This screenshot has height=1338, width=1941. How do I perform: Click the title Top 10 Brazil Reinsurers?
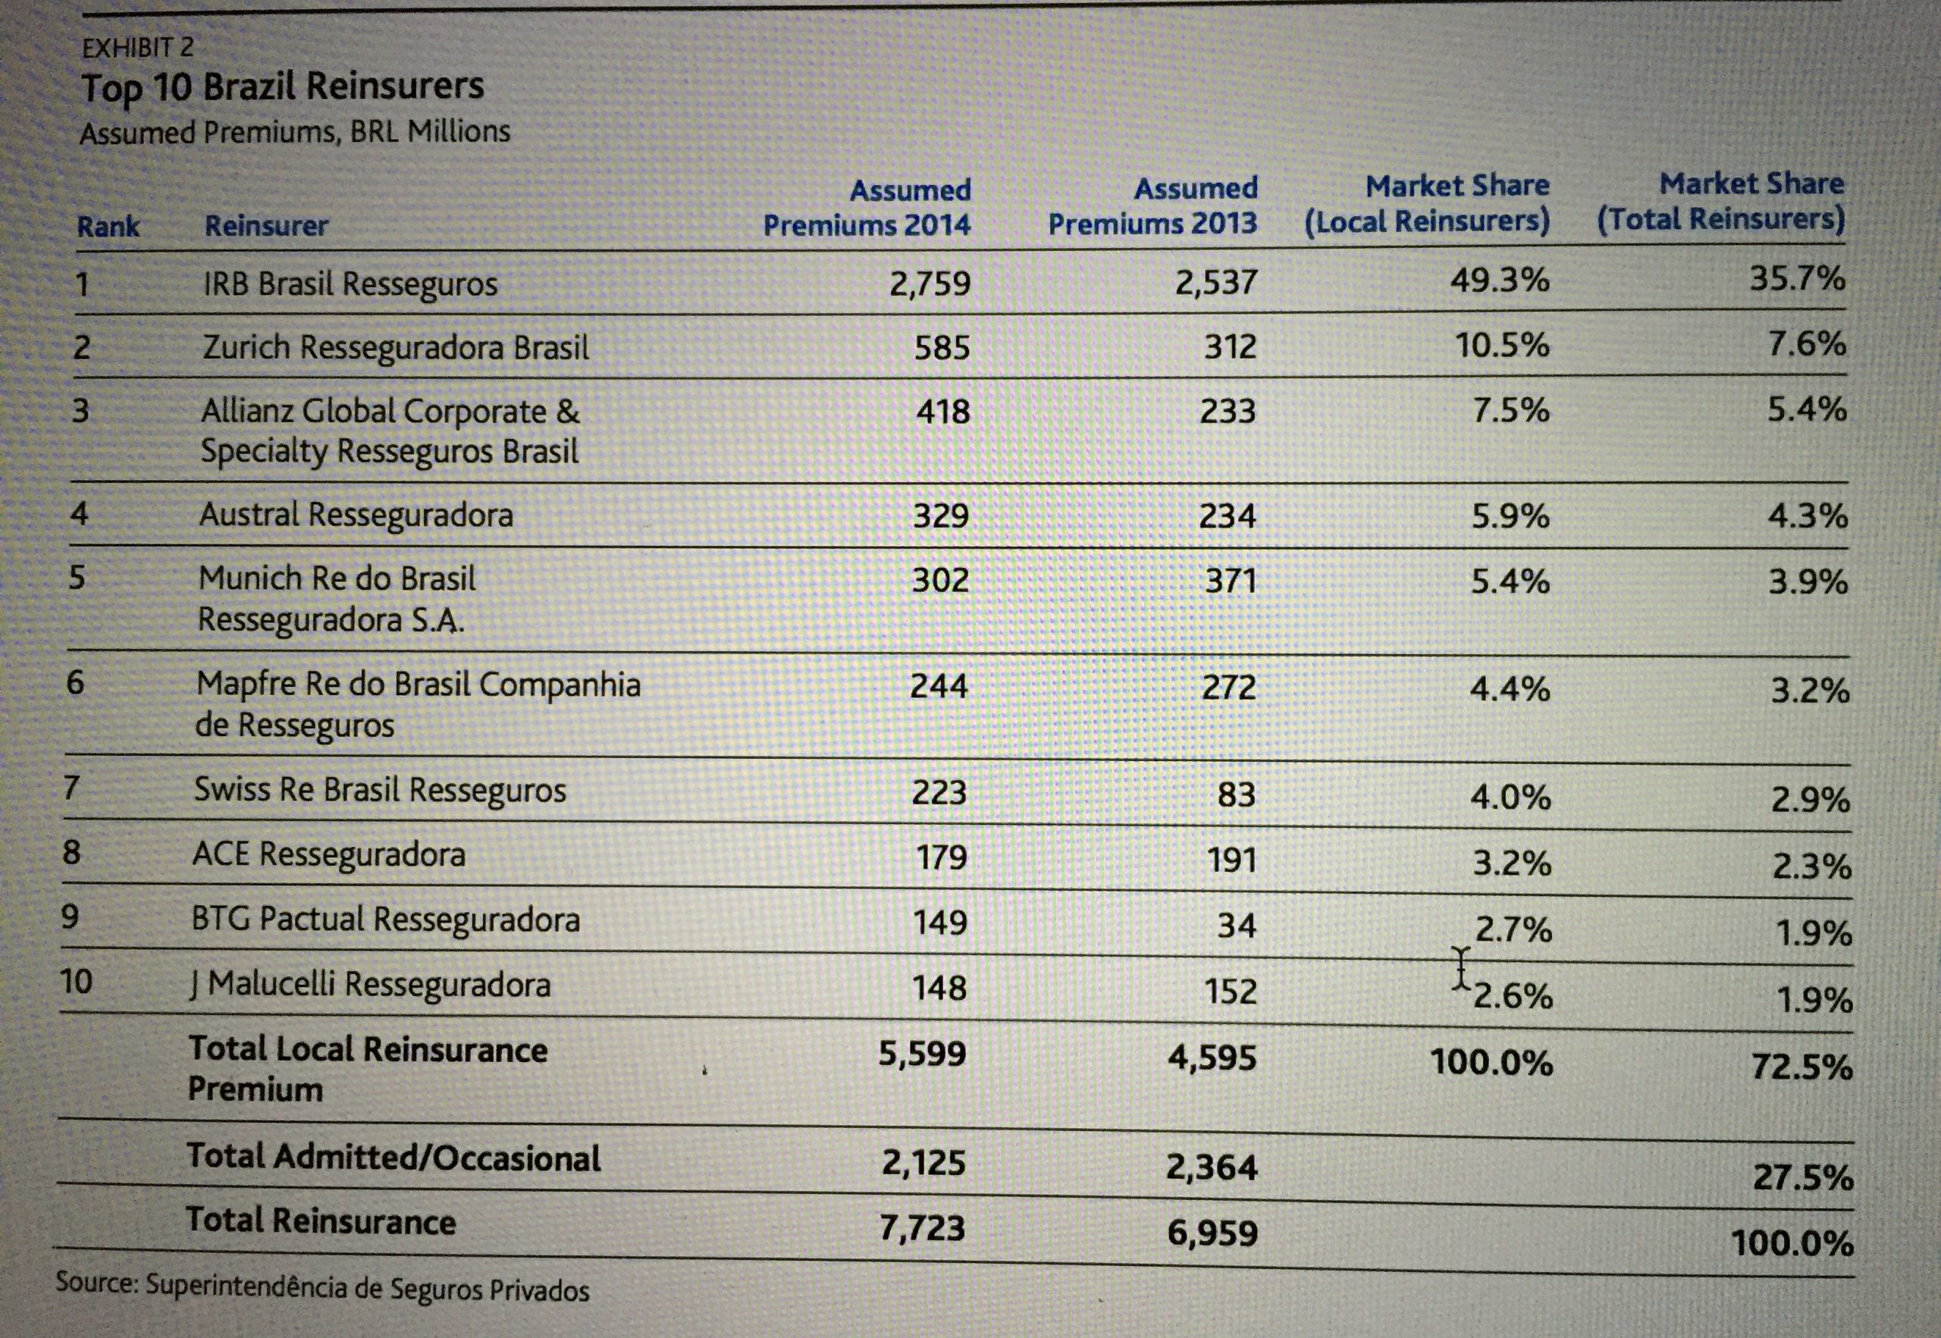click(x=283, y=87)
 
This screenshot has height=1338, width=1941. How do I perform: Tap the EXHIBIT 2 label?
click(x=137, y=47)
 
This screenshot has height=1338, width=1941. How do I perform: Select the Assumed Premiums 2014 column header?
click(x=867, y=207)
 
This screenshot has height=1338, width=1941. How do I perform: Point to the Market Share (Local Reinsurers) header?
click(x=1427, y=203)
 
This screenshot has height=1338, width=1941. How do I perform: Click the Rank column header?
click(x=108, y=227)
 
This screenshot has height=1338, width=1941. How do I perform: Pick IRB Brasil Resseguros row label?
click(x=350, y=285)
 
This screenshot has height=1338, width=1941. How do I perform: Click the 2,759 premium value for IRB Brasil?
click(x=930, y=284)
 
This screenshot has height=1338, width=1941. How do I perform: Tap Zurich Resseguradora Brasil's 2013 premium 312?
click(x=1231, y=346)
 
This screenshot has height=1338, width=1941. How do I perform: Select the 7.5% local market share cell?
click(x=1511, y=410)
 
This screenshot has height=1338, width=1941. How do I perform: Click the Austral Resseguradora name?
click(x=356, y=514)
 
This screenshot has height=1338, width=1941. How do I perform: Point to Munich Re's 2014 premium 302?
click(x=941, y=579)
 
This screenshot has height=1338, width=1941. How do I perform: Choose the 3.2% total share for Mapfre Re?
click(x=1810, y=691)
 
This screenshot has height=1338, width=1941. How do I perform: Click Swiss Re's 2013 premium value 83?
click(x=1237, y=793)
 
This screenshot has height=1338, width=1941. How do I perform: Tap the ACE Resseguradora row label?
click(x=328, y=854)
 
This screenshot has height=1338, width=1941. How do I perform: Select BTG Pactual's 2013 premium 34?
click(x=1237, y=926)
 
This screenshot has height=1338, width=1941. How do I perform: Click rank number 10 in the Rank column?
click(x=77, y=981)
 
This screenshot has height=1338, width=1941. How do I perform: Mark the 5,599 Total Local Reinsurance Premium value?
click(x=922, y=1054)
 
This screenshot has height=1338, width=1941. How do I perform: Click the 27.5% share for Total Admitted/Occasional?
click(x=1804, y=1177)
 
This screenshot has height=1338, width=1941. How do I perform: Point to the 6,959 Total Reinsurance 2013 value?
click(x=1212, y=1233)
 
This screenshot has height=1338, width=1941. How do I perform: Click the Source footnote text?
click(x=323, y=1288)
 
